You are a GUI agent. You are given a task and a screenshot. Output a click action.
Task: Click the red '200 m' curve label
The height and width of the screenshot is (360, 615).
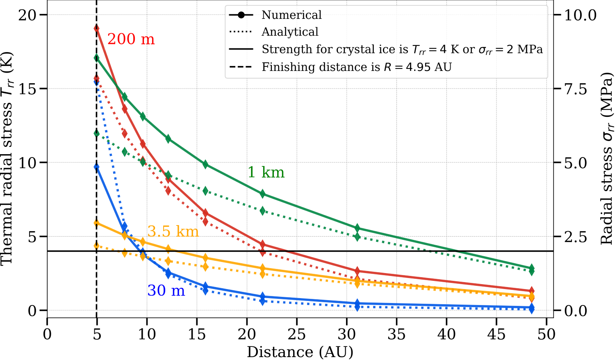click(x=131, y=39)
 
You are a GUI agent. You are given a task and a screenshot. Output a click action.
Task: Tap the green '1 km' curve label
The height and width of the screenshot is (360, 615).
click(x=266, y=172)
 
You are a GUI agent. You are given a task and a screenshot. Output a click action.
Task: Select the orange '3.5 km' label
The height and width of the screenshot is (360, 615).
click(x=173, y=232)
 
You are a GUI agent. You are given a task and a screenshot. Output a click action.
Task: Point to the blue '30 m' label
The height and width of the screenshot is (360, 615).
click(x=166, y=291)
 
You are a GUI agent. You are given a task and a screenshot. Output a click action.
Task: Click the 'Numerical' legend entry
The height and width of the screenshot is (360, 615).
click(x=292, y=15)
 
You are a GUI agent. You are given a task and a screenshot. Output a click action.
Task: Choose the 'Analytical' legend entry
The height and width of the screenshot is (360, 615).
click(x=290, y=32)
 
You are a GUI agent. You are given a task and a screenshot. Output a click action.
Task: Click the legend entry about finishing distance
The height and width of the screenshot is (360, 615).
click(x=356, y=67)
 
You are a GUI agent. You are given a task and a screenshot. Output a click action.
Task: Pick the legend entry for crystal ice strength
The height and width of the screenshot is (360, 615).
click(x=402, y=50)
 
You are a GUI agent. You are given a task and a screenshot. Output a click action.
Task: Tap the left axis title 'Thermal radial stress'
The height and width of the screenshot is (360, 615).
click(x=7, y=159)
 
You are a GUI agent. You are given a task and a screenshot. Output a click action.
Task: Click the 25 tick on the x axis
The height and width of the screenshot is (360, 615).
click(x=296, y=335)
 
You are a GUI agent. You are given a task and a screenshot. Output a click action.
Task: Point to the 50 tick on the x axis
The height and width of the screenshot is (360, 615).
click(x=546, y=335)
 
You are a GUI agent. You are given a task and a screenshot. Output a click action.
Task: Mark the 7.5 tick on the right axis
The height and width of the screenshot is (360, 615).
click(x=576, y=89)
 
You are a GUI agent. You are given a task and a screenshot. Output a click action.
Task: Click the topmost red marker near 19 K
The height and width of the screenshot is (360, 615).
click(x=96, y=28)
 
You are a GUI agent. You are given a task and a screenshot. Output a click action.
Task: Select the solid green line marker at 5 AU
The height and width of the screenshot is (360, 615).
click(x=96, y=58)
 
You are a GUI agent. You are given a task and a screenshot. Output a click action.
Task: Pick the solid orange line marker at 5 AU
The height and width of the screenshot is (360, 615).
click(x=96, y=223)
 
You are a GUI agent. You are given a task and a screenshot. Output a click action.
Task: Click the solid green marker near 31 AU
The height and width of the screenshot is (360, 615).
click(x=357, y=228)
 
